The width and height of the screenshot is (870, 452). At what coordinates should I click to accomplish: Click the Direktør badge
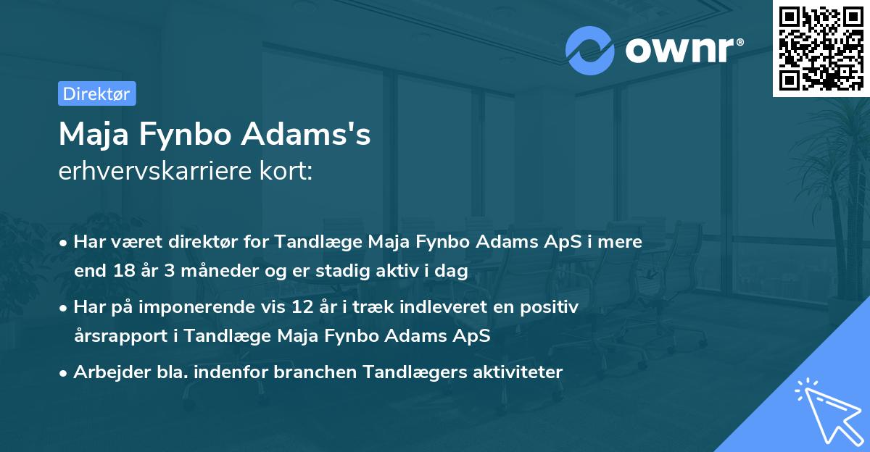(x=96, y=93)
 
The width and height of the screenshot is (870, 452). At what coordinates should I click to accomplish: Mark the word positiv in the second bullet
(x=553, y=307)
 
